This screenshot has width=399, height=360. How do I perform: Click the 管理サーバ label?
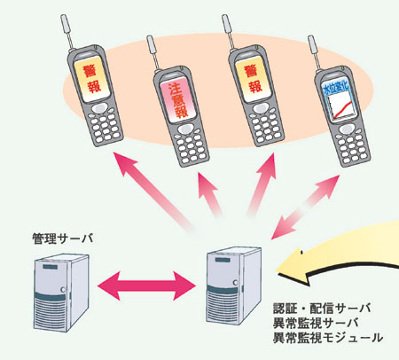tap(63, 239)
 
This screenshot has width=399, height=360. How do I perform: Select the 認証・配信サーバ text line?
tap(322, 309)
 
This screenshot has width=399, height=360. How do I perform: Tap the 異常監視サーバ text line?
tap(316, 323)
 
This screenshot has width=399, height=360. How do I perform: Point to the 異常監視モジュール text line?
tap(328, 338)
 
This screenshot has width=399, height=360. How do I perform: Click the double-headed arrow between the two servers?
tap(146, 286)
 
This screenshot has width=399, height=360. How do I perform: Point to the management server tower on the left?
tap(61, 293)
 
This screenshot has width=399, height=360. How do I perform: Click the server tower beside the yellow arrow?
tap(233, 286)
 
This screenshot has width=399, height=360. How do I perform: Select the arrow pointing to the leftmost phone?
tap(153, 192)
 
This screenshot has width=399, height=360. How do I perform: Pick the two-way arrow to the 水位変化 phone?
tap(305, 207)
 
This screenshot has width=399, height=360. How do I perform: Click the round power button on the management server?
tap(63, 290)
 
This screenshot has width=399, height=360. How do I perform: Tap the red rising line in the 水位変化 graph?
tap(342, 109)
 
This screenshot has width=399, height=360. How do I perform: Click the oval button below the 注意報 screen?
tap(185, 129)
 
